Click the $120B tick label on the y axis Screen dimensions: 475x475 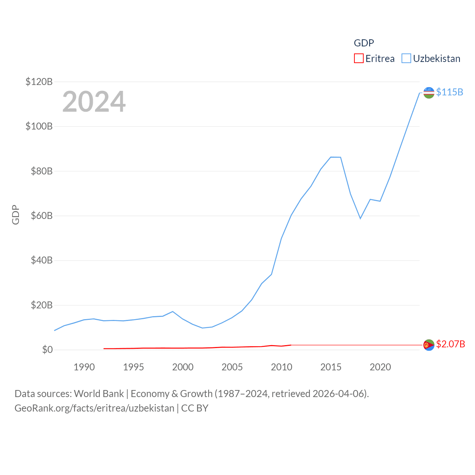click(x=39, y=82)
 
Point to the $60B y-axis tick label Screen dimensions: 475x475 click(x=42, y=216)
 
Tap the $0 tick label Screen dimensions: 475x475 click(x=47, y=350)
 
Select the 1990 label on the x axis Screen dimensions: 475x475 click(x=84, y=367)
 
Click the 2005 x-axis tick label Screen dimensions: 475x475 click(x=232, y=367)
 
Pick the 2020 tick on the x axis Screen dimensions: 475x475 click(x=380, y=367)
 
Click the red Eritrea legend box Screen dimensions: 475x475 click(x=358, y=59)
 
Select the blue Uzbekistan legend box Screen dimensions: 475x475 click(x=406, y=59)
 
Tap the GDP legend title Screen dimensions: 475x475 click(x=364, y=43)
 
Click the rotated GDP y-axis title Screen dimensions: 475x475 click(x=16, y=214)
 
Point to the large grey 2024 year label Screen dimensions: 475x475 click(x=94, y=102)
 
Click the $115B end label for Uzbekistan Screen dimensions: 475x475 click(x=449, y=92)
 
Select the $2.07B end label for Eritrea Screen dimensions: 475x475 click(x=451, y=344)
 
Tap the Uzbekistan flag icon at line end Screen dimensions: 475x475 click(x=429, y=93)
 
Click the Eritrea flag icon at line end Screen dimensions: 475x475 click(x=429, y=345)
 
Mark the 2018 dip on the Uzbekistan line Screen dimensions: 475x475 click(x=360, y=218)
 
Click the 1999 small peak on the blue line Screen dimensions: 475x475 click(x=173, y=311)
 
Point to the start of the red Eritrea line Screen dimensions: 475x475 click(x=104, y=348)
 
